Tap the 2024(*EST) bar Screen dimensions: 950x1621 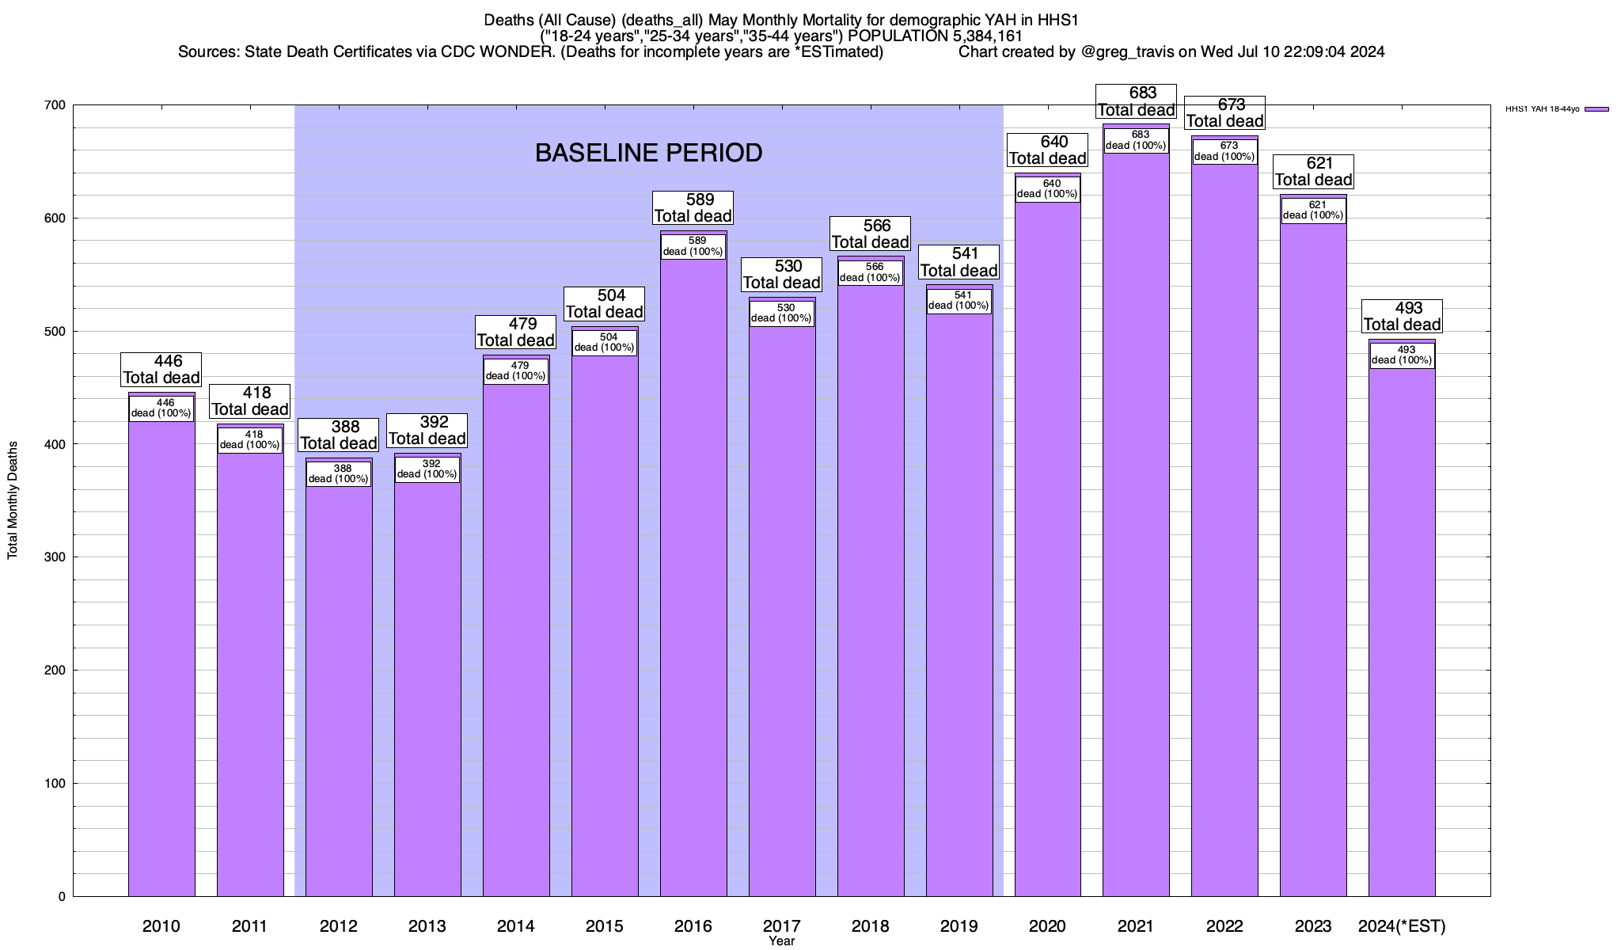1402,633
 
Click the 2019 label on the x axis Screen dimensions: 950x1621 959,926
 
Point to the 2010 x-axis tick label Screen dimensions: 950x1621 161,926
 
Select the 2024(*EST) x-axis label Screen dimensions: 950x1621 1402,926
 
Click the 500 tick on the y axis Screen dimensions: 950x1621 55,331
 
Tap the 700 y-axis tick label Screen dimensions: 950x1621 55,105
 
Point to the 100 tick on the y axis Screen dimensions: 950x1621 55,784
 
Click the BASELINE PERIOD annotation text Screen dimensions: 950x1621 648,153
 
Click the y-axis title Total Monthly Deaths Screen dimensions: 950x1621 13,500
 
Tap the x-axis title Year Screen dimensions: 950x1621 781,941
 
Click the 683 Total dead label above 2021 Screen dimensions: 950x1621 1137,101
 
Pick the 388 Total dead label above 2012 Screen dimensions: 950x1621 339,435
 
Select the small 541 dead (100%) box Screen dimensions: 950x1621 959,301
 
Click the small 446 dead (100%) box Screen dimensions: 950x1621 161,408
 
